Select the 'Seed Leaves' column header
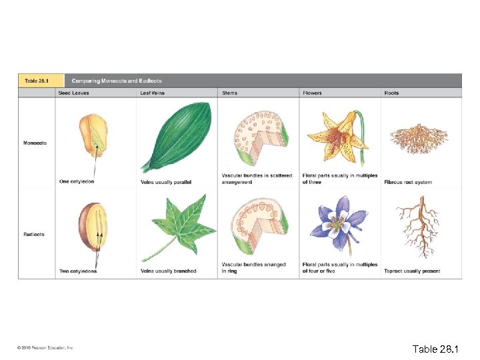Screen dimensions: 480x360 click(74, 93)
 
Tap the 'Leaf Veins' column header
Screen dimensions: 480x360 click(153, 93)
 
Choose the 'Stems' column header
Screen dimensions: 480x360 click(229, 93)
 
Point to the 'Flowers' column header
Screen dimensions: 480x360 click(312, 93)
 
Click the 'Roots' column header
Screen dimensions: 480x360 click(391, 93)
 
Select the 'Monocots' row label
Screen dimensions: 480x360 click(35, 143)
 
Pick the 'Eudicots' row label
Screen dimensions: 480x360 click(34, 235)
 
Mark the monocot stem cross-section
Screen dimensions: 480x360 click(257, 137)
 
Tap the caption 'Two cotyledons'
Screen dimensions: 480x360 click(77, 271)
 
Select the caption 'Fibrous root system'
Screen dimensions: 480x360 click(408, 182)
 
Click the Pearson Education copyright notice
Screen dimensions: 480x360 click(46, 347)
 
